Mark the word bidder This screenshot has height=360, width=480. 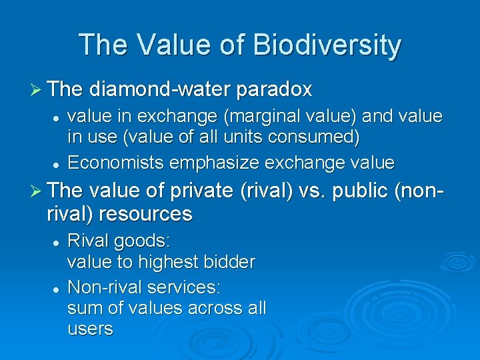coord(231,262)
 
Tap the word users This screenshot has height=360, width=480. coord(90,329)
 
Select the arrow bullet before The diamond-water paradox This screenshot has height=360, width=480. coord(38,89)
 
